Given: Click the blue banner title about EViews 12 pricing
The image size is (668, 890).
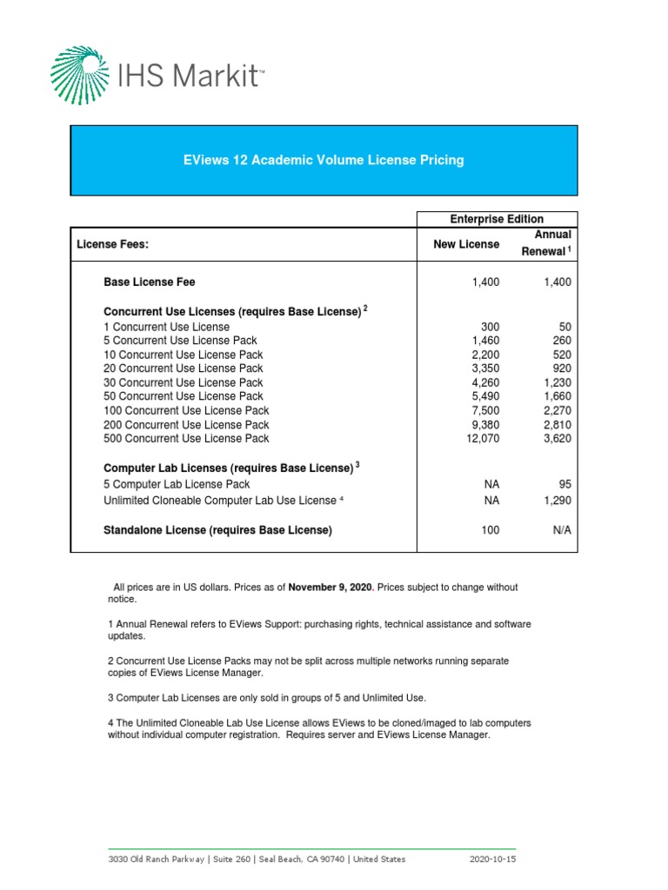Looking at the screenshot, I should click(324, 160).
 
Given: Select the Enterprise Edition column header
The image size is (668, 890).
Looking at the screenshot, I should click(497, 219).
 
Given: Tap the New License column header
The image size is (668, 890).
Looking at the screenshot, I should click(466, 244).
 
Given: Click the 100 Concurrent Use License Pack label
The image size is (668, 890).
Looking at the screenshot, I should click(186, 410).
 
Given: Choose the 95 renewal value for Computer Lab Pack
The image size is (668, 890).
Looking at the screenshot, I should click(564, 484).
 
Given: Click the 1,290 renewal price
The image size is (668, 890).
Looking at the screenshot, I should click(556, 501).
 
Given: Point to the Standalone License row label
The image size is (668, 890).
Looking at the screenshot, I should click(217, 530).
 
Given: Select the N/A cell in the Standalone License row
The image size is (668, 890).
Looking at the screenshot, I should click(561, 530).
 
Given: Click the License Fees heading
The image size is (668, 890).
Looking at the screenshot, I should click(113, 245).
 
